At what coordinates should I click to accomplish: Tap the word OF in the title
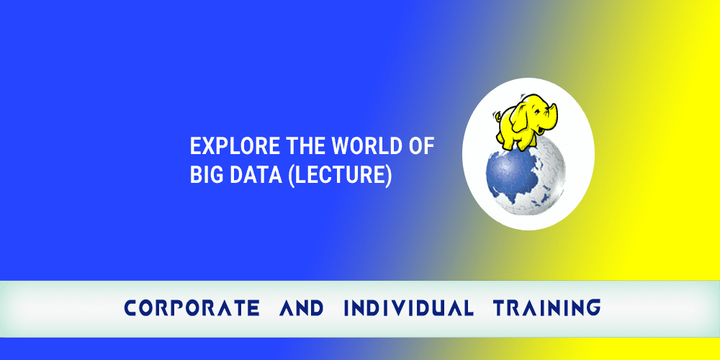tap(418, 147)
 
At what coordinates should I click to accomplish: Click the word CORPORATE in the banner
tap(192, 308)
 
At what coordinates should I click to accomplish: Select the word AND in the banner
tap(301, 308)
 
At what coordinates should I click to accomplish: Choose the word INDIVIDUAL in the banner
tap(408, 308)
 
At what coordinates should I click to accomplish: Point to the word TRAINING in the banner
tap(546, 308)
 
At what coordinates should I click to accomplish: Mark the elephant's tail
tap(497, 115)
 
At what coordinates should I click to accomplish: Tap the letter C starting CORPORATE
tap(130, 308)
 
